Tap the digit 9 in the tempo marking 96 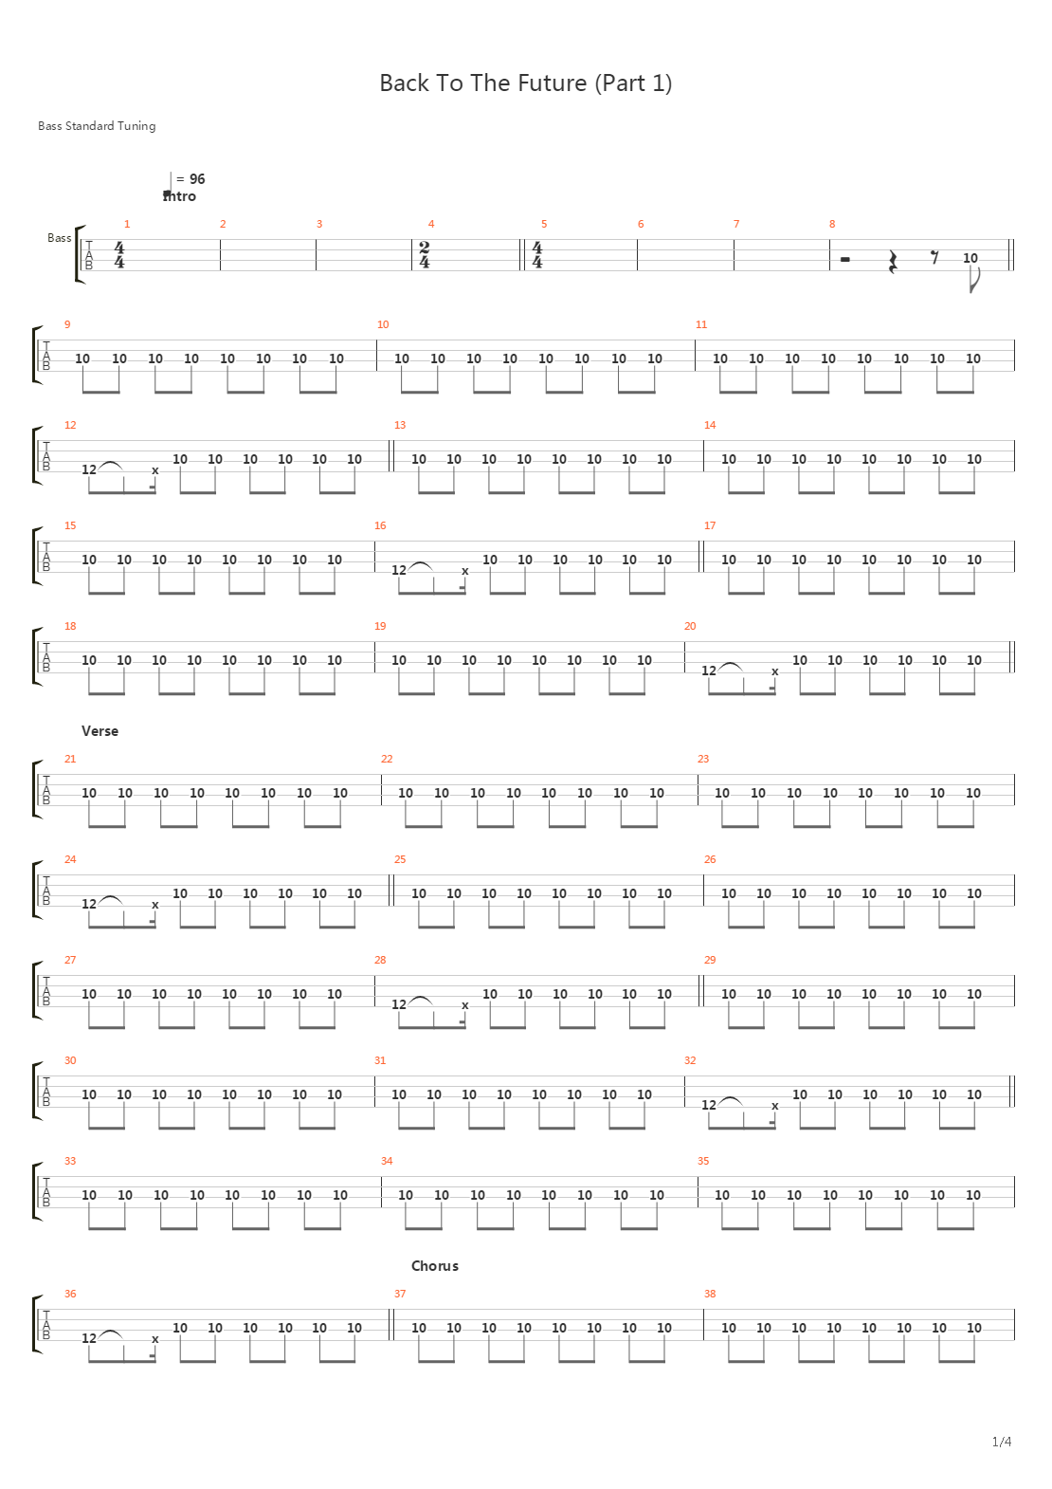pyautogui.click(x=193, y=179)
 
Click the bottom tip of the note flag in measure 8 pyautogui.click(x=971, y=292)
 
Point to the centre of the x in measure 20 pyautogui.click(x=775, y=671)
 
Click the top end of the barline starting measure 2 pyautogui.click(x=220, y=240)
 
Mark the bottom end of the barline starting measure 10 pyautogui.click(x=376, y=371)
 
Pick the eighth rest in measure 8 pyautogui.click(x=935, y=257)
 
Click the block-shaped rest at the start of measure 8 pyautogui.click(x=844, y=259)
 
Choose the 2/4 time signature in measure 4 pyautogui.click(x=425, y=254)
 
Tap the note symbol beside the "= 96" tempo pyautogui.click(x=168, y=186)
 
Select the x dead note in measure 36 pyautogui.click(x=155, y=1339)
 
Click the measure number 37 pyautogui.click(x=400, y=1293)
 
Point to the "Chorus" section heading pyautogui.click(x=435, y=1265)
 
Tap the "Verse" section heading pyautogui.click(x=100, y=730)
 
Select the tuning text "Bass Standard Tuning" pyautogui.click(x=97, y=125)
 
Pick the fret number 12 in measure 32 pyautogui.click(x=709, y=1104)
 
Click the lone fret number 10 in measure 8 pyautogui.click(x=970, y=258)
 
